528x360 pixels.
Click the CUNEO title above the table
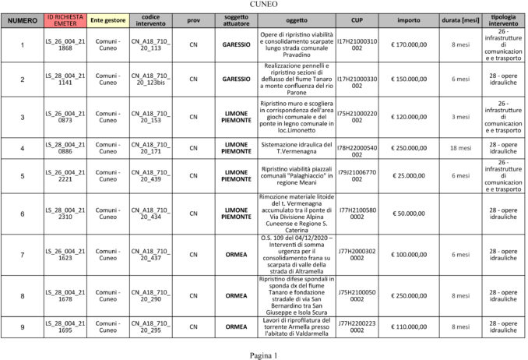[263, 4]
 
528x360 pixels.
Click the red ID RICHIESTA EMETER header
[65, 19]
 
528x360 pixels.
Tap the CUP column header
[357, 19]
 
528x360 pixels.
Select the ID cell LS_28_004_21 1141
[65, 79]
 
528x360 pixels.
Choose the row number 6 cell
[23, 214]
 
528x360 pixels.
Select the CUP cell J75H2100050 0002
[357, 295]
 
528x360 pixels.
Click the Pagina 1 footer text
[263, 355]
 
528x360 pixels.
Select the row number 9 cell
[23, 326]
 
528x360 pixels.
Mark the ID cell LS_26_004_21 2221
[65, 175]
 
